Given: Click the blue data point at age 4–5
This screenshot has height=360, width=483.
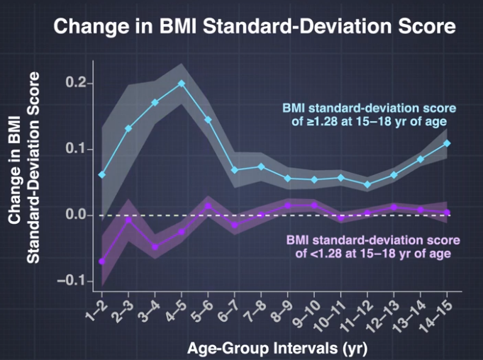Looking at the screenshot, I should [182, 84].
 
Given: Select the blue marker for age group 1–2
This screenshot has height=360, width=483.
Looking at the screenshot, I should [103, 174].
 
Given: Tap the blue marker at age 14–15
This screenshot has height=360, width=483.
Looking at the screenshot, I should [447, 143].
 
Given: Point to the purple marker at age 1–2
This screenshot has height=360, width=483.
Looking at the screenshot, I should [103, 261].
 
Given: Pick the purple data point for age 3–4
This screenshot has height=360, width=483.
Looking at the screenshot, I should [155, 247].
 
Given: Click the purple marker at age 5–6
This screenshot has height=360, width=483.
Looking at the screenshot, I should [209, 207].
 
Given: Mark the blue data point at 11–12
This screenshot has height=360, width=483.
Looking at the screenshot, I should [367, 184].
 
